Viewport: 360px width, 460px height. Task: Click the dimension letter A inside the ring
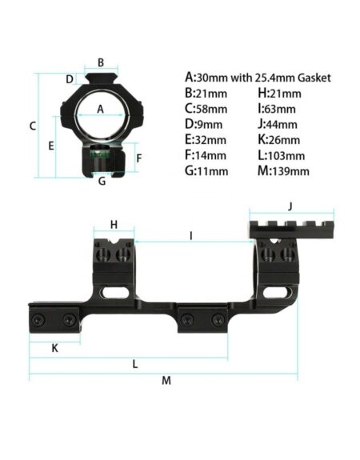click(100, 109)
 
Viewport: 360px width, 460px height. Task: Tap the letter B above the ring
click(101, 62)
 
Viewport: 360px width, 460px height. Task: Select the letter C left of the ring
click(33, 126)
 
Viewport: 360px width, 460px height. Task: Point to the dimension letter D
click(70, 79)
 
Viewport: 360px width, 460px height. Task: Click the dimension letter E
click(51, 146)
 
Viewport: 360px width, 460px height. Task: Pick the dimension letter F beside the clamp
click(139, 158)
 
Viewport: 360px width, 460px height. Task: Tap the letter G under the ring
click(102, 182)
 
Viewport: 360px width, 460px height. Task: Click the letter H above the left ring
click(114, 225)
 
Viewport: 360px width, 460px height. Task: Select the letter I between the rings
click(191, 235)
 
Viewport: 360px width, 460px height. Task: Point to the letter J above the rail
click(290, 206)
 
